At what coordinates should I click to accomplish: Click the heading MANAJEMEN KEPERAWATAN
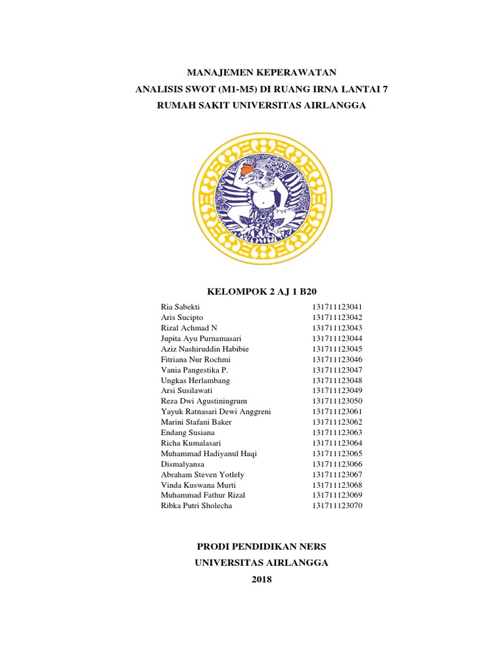coord(262,72)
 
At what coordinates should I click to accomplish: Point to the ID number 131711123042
coord(336,317)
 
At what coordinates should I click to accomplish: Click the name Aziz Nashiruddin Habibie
coord(204,349)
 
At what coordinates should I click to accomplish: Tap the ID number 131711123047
coord(336,369)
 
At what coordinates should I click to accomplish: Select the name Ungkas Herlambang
coord(195,380)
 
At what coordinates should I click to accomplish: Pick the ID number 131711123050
coord(336,401)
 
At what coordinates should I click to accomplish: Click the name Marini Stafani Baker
coord(196,421)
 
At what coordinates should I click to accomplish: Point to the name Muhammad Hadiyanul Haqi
coord(208,453)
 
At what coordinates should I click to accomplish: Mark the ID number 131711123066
coord(336,463)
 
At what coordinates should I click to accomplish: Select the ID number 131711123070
coord(336,505)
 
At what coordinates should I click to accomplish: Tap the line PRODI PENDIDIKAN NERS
coord(262,546)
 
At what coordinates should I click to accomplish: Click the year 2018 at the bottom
coord(262,579)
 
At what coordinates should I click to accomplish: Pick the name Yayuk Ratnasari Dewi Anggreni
coord(215,411)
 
